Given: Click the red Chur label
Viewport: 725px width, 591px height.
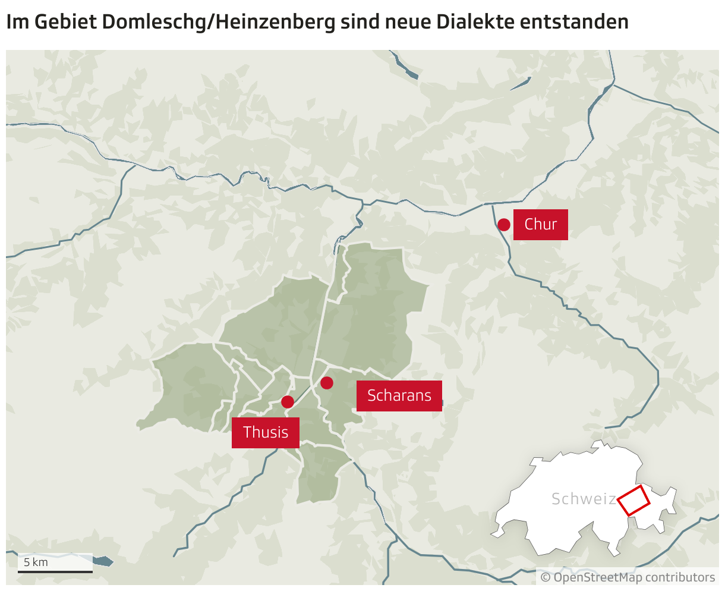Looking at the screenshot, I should coord(540,225).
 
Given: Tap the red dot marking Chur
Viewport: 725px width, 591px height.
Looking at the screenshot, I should coord(504,225).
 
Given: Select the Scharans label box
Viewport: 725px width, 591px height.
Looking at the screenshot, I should coord(399,395).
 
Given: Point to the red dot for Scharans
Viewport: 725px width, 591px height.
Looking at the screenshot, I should coord(327,383).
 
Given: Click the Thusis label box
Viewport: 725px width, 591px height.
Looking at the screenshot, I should coord(266,432).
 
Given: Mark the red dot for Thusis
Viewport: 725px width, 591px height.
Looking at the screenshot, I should coord(288,402).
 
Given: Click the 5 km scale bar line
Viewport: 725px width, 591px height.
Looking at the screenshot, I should coord(55,571).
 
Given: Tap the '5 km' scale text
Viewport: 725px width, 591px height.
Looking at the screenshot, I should coord(36,562).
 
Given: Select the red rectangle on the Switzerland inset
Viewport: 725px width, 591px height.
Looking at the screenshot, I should coord(633,501).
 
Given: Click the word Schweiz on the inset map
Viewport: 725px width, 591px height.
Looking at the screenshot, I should coord(583,499).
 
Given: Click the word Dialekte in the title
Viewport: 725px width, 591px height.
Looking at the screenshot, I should coord(475,22).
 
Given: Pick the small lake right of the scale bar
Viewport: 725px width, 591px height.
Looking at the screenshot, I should coord(103,561).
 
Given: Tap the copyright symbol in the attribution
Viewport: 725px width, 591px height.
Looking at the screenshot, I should coord(546,577).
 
